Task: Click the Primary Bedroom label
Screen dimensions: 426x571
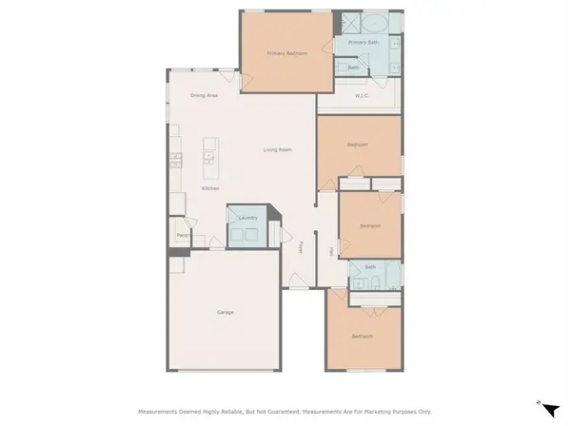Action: pyautogui.click(x=286, y=53)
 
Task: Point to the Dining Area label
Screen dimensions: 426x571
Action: pyautogui.click(x=204, y=95)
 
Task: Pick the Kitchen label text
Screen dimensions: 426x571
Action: pyautogui.click(x=210, y=188)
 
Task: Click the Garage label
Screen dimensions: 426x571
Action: pyautogui.click(x=226, y=312)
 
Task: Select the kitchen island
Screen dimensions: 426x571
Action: pyautogui.click(x=210, y=158)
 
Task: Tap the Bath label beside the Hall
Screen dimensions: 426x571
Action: pyautogui.click(x=370, y=267)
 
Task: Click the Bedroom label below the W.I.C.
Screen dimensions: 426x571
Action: pyautogui.click(x=358, y=145)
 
